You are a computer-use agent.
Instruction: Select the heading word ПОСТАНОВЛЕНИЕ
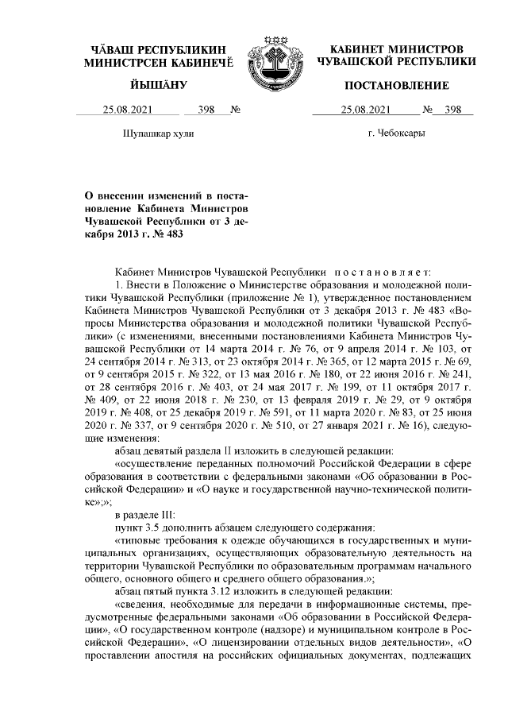(x=396, y=85)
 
